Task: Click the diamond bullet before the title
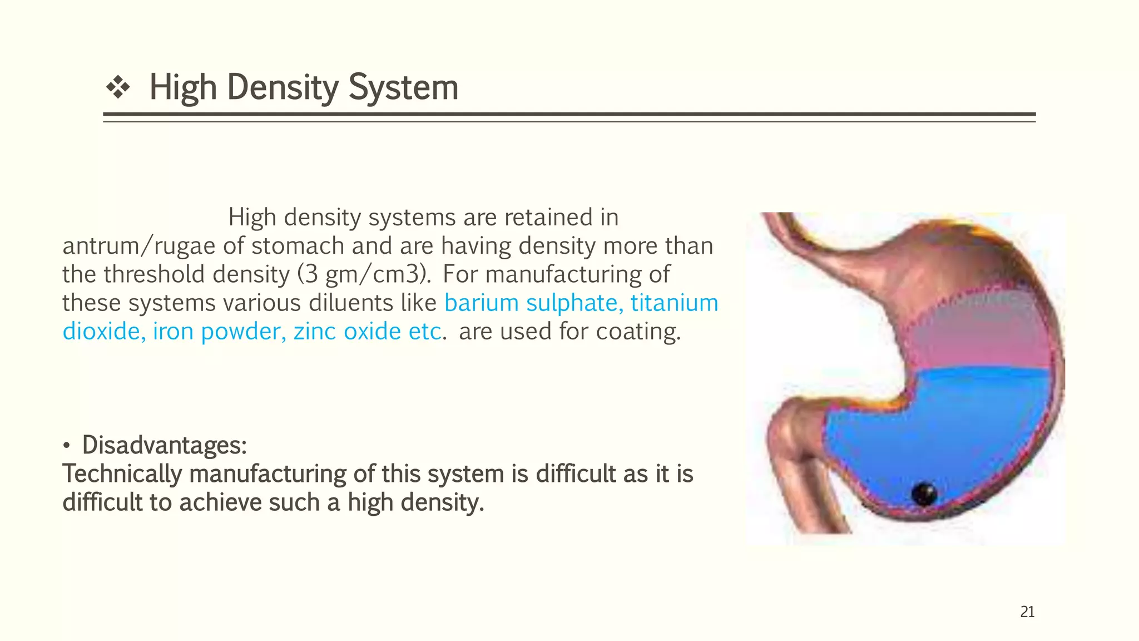click(x=118, y=88)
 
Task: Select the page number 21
click(x=1027, y=612)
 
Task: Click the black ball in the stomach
click(x=924, y=494)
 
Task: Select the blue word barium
click(x=481, y=303)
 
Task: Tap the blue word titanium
click(x=674, y=303)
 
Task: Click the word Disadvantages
click(x=164, y=445)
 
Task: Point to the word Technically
click(x=122, y=474)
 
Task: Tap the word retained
click(x=548, y=218)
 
